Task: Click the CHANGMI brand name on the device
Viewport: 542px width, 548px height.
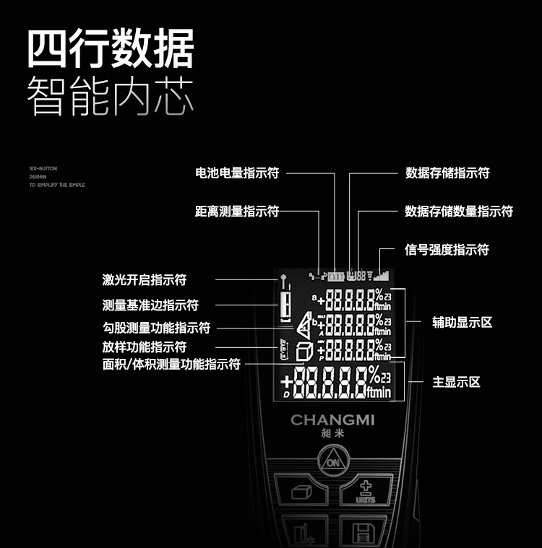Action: [x=332, y=420]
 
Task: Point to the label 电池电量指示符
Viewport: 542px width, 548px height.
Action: [x=237, y=173]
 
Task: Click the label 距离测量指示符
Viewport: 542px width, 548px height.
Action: [x=237, y=212]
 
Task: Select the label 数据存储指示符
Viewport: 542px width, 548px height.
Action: [x=447, y=173]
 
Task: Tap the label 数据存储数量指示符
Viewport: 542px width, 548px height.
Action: [x=459, y=212]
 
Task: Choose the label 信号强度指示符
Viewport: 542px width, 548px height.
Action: [x=447, y=250]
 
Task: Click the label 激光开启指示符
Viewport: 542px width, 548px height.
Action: [x=145, y=280]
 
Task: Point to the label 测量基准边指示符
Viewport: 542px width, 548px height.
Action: [x=150, y=305]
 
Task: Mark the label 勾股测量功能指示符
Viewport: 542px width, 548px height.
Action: [x=156, y=328]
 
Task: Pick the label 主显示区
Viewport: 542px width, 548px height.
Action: [x=456, y=382]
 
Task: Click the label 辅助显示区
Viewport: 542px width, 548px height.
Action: [x=462, y=322]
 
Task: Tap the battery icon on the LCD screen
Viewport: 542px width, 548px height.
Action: [x=337, y=276]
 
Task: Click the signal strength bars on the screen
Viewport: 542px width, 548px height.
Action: [x=381, y=275]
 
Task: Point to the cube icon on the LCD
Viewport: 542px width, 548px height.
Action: [x=305, y=352]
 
